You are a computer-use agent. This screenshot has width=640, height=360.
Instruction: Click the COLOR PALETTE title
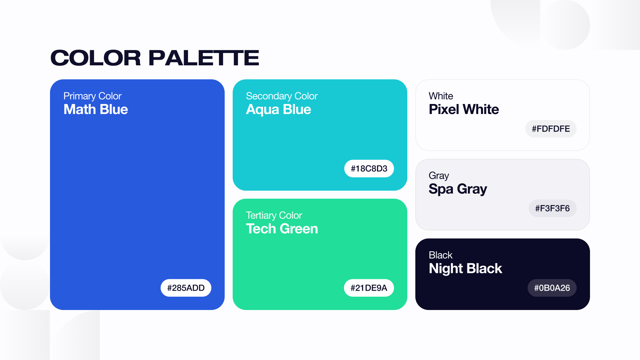point(155,58)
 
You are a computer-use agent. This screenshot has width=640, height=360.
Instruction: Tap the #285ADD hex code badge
point(186,288)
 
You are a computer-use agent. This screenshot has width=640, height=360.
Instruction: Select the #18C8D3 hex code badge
point(369,168)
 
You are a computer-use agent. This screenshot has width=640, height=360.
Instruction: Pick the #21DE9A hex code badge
point(369,288)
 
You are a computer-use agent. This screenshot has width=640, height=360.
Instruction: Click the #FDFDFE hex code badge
point(551,129)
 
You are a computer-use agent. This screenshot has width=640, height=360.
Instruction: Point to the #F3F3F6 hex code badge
point(553,208)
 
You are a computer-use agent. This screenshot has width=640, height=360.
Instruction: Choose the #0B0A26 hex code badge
point(552,288)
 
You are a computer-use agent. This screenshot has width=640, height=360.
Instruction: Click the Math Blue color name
point(96,109)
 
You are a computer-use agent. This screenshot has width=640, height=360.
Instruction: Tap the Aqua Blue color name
point(279,110)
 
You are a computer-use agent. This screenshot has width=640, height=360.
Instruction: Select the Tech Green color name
point(282,229)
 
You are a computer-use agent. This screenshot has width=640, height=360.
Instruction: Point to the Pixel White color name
point(464,109)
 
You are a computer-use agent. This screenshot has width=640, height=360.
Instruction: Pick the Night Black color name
point(465,269)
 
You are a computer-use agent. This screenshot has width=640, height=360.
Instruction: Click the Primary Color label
point(93,96)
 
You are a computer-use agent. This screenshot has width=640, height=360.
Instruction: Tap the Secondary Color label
point(282,96)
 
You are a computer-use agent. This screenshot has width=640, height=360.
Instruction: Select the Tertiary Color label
point(274,216)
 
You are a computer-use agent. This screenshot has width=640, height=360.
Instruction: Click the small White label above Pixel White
point(441,96)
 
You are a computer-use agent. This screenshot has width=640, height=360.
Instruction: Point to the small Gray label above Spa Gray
point(439,176)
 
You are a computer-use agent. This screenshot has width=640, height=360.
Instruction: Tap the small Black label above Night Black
point(441,255)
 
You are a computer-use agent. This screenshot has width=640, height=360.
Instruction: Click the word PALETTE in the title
point(204,58)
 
